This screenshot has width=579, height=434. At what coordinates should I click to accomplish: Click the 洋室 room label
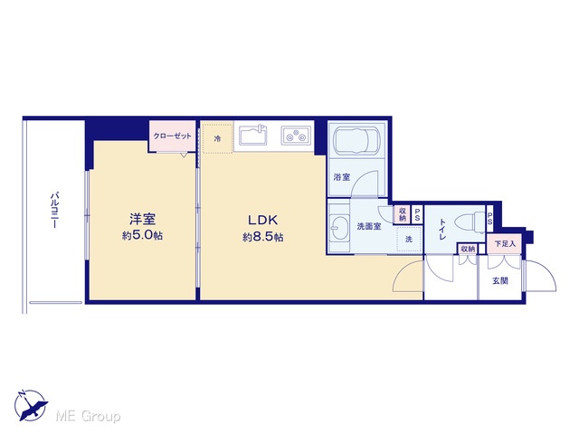pos(143,219)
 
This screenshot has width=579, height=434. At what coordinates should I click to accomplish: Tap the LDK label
pos(262,221)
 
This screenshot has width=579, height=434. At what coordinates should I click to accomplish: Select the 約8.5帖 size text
pos(263,237)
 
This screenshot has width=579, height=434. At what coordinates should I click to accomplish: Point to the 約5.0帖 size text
pos(143,235)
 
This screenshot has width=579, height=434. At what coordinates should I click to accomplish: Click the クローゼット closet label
pos(173,136)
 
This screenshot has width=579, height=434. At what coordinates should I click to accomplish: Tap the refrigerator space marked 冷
pos(218,138)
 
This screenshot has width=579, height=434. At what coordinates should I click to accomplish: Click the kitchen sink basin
pos(253,136)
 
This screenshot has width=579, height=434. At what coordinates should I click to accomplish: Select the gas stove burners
pos(296,135)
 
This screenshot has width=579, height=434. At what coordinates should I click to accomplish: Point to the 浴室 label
pos(342,177)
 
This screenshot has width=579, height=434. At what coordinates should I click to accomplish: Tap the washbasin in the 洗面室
pos(338,228)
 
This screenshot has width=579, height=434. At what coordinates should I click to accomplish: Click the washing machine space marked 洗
pos(409,239)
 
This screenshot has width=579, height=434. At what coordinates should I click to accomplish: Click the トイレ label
pos(441,229)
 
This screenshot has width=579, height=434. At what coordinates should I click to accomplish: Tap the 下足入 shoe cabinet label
pos(505,244)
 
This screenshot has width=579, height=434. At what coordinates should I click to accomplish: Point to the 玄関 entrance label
pos(500,281)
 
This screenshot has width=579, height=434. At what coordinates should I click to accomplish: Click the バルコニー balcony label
pos(55,210)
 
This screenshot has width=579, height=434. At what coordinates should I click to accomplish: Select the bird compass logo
pos(30,405)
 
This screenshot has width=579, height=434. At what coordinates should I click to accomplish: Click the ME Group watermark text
pos(88,416)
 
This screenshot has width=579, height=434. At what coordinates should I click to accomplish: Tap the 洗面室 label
pos(369,226)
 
